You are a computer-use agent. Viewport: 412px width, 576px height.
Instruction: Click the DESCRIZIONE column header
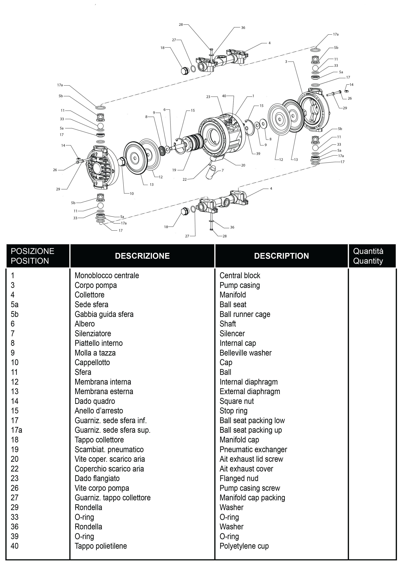coord(142,256)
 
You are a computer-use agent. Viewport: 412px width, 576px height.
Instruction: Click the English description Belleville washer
coord(245,353)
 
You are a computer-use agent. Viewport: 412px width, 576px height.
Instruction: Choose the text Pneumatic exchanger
coord(253,449)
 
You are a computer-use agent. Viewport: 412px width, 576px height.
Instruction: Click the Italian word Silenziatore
coord(93,334)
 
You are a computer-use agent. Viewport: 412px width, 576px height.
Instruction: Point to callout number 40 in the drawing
coord(224,96)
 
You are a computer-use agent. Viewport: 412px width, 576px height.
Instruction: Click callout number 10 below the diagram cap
coord(132,193)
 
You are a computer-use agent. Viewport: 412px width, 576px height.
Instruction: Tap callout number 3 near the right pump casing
coord(286,62)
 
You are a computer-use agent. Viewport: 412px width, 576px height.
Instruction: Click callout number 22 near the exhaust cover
coord(185,179)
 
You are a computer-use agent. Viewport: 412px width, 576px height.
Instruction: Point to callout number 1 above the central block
coord(253,96)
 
